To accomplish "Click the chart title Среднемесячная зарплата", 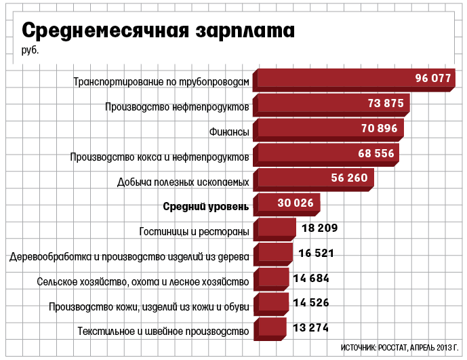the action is [x=158, y=31].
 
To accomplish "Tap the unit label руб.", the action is [x=30, y=50].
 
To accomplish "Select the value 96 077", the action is [x=433, y=78].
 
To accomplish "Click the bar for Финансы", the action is [x=329, y=130].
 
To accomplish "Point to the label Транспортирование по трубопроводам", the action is [x=161, y=81].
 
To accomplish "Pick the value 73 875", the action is [x=386, y=103].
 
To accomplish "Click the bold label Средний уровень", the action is [x=206, y=206].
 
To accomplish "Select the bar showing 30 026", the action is [x=287, y=205].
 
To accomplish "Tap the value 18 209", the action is [x=319, y=228].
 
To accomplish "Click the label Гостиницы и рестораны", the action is [x=194, y=231].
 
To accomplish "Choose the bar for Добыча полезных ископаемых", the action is [x=314, y=180].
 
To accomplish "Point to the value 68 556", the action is [x=376, y=153].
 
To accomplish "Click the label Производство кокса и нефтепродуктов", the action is [x=160, y=157].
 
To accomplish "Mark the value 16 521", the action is [x=316, y=253].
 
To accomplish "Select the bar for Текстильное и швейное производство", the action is [x=270, y=329].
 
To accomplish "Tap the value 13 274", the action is [x=310, y=328].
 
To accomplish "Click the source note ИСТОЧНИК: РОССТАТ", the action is [x=373, y=348].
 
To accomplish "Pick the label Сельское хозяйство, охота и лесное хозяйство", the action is [x=143, y=281].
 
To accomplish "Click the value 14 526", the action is [x=311, y=303].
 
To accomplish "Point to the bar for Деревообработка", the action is [x=273, y=254].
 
